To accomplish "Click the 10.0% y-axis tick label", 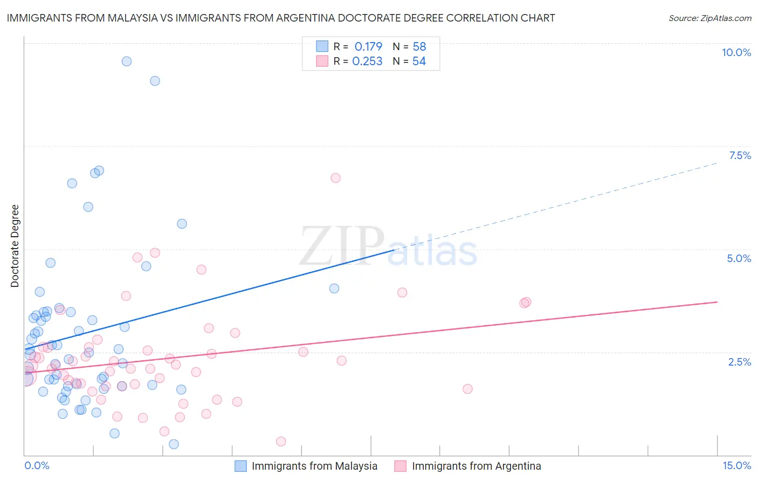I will (x=736, y=52).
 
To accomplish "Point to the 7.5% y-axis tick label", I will (x=740, y=155).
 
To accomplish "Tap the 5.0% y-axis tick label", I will (x=739, y=258).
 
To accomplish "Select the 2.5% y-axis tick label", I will (x=739, y=362).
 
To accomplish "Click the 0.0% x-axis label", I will (x=37, y=465).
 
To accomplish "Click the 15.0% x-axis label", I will (x=736, y=465).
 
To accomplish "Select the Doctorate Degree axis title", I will (x=15, y=246).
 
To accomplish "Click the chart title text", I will (x=280, y=18).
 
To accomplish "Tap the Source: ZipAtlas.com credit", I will (x=709, y=18).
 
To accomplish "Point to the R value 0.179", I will (x=368, y=46).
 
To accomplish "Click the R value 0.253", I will (x=367, y=61).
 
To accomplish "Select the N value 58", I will (x=419, y=46).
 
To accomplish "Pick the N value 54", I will (x=419, y=61).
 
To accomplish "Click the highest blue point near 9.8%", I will (x=127, y=61).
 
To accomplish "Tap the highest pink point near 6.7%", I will (x=335, y=178).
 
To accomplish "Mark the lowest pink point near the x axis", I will (x=281, y=442).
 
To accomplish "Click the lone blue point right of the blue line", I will (x=334, y=288).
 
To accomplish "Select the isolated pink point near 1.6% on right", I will (x=467, y=389).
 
